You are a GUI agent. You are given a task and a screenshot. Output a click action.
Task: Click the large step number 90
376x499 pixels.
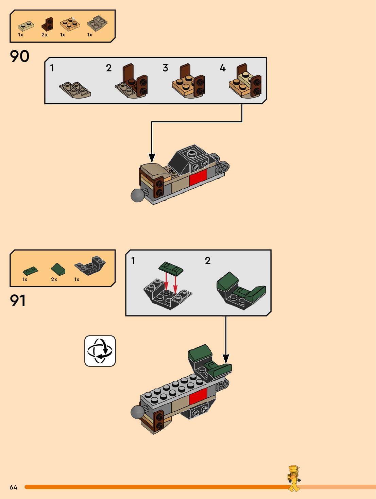20,56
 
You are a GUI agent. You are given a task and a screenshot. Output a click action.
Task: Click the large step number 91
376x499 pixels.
18,301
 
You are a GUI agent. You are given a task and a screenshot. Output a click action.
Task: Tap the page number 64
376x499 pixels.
13,487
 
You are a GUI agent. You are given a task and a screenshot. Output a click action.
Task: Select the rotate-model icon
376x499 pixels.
100,351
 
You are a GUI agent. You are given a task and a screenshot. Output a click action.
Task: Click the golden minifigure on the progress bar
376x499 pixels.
294,478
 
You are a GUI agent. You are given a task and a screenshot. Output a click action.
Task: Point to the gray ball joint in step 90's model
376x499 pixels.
138,195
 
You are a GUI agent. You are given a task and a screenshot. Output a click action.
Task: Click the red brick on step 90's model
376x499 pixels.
198,177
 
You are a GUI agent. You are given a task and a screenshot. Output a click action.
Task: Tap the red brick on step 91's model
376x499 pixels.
198,396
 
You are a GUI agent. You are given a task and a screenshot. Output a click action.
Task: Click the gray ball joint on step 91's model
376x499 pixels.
137,412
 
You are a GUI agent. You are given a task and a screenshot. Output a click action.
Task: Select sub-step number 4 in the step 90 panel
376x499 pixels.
223,68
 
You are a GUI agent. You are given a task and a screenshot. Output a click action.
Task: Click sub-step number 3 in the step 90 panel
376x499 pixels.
166,68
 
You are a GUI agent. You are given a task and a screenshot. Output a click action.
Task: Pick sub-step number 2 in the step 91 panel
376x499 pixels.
208,261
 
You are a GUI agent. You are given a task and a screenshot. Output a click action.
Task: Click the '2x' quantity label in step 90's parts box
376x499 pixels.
45,35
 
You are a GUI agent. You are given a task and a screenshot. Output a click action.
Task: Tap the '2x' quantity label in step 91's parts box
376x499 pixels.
54,279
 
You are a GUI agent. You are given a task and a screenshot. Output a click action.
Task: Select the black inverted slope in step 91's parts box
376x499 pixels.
90,265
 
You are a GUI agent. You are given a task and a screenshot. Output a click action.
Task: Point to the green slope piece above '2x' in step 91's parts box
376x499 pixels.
58,269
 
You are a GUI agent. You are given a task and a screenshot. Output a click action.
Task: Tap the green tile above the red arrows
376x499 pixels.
171,268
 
